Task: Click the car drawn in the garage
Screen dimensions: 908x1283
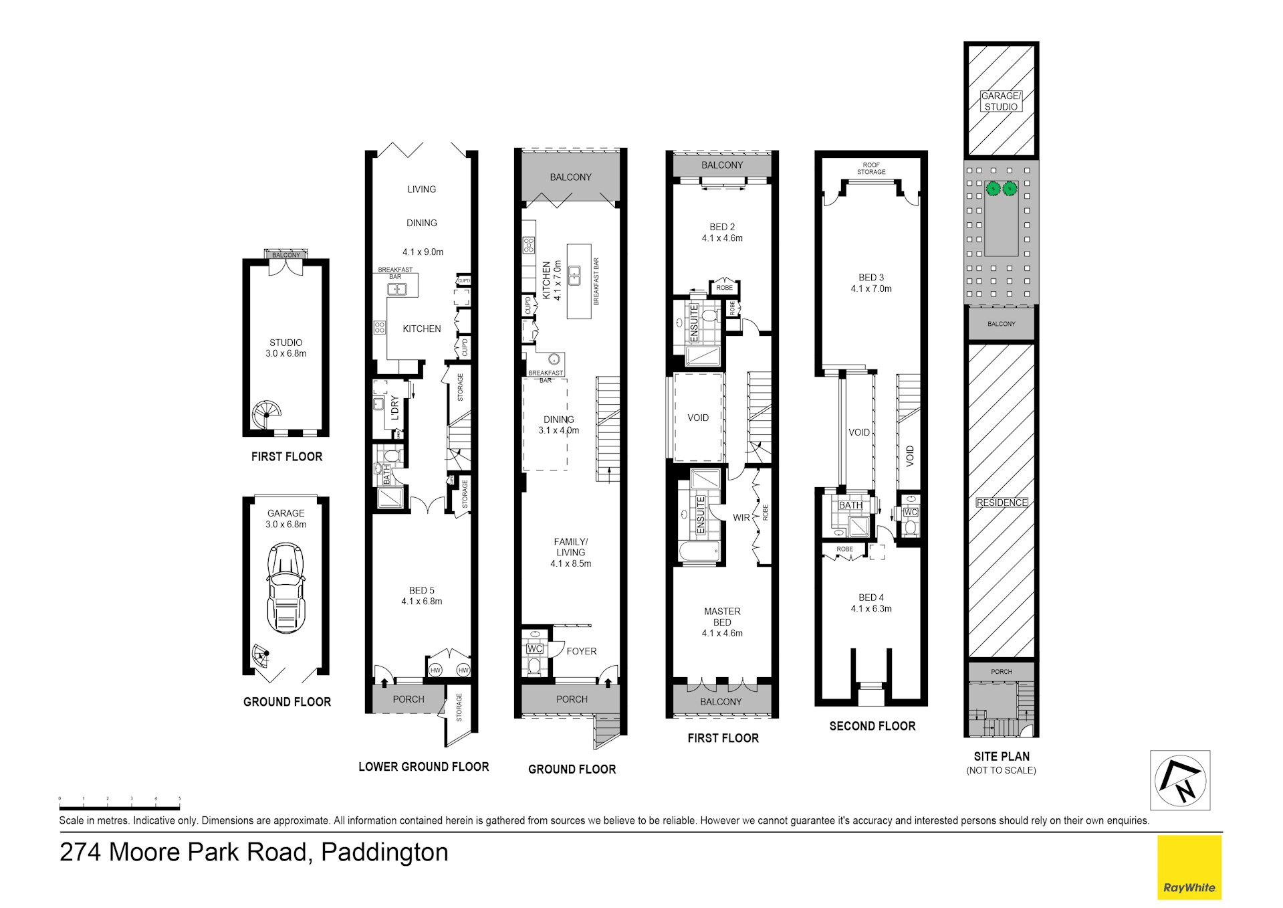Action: tap(285, 588)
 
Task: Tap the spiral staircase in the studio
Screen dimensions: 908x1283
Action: tap(267, 415)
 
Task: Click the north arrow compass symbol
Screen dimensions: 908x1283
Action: tap(1179, 780)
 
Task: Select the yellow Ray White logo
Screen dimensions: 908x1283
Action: tap(1189, 867)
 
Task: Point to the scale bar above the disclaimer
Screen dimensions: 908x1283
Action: tap(119, 808)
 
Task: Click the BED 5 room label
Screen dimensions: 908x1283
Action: tap(421, 590)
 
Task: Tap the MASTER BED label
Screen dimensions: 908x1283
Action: tap(722, 616)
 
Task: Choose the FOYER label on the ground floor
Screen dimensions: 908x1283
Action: tap(581, 651)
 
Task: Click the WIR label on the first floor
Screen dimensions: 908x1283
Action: tap(741, 517)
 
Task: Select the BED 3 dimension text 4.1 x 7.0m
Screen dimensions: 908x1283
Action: tap(870, 288)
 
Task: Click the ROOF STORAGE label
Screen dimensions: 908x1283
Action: tap(870, 169)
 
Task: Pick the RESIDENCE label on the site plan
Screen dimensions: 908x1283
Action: tap(1001, 503)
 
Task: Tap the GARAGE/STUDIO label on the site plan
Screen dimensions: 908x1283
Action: tap(1001, 101)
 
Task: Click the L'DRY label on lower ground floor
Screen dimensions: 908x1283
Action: tap(394, 408)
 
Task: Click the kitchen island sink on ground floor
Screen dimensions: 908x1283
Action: tap(574, 275)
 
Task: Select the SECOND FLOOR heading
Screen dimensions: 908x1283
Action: tap(872, 726)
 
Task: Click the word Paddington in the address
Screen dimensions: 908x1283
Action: tap(384, 852)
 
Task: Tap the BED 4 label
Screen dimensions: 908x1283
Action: tap(870, 597)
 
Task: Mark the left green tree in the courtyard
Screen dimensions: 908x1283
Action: tap(993, 189)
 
